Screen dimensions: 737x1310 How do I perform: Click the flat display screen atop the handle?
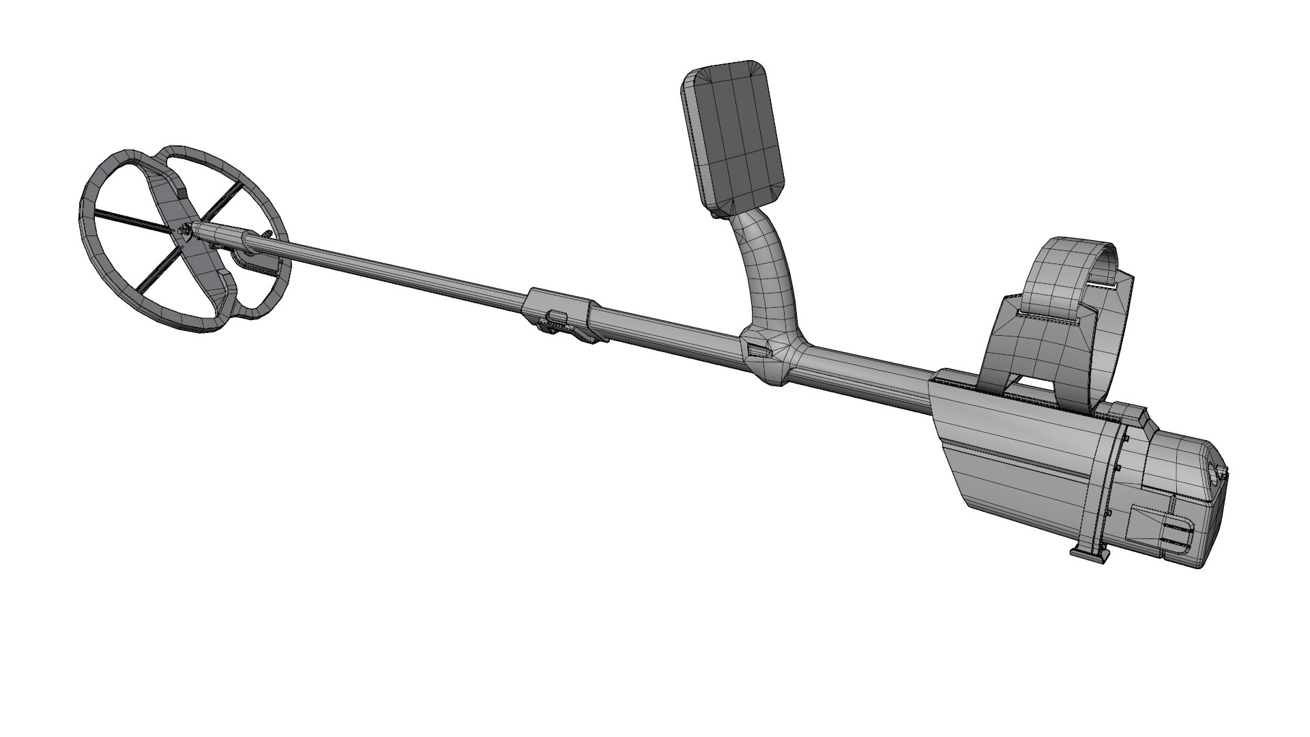click(x=733, y=136)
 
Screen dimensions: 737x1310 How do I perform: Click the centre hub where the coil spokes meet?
click(x=185, y=233)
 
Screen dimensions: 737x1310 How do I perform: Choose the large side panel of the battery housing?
click(x=1023, y=464)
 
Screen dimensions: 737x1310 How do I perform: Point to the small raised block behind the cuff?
click(x=1129, y=411)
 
